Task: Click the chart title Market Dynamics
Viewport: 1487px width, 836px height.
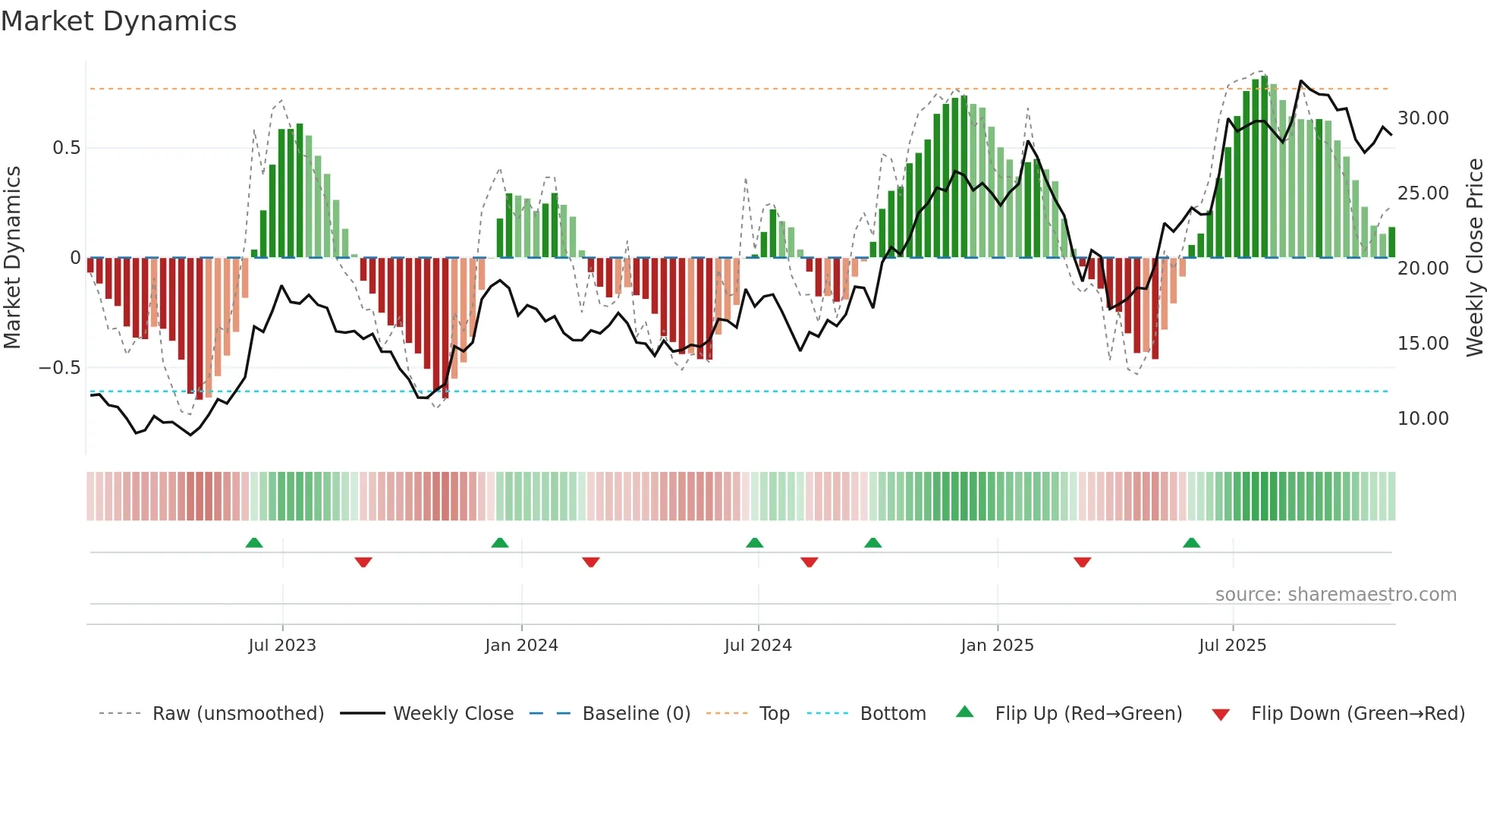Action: (x=118, y=21)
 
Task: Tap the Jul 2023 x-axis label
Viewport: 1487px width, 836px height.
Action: (x=281, y=646)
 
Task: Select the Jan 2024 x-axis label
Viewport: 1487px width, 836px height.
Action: (x=521, y=646)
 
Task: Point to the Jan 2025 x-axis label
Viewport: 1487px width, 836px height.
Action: (x=997, y=646)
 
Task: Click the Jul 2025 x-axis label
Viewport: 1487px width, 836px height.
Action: (x=1232, y=646)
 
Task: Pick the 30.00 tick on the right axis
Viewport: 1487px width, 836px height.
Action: (x=1423, y=118)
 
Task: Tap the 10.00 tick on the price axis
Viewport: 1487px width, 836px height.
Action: (x=1423, y=419)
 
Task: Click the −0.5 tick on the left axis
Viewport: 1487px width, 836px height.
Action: (x=60, y=368)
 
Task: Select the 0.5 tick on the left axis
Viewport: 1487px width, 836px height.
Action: (x=66, y=148)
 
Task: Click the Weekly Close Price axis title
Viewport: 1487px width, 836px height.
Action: (x=1474, y=258)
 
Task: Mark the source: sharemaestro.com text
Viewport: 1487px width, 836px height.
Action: (x=1335, y=595)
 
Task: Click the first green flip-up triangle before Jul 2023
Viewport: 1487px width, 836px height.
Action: (x=254, y=543)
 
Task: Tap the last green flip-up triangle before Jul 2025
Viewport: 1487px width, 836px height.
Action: (x=1191, y=543)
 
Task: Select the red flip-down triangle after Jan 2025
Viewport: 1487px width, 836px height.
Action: (x=1082, y=562)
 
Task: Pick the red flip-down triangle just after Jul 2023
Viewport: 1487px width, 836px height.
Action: (x=363, y=562)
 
